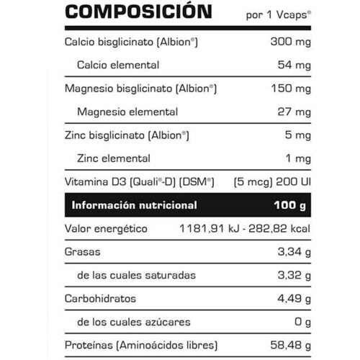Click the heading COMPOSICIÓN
coord(138,12)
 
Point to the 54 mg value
coord(294,65)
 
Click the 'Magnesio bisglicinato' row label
coord(140,89)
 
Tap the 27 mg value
coord(294,112)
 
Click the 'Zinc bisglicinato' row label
coord(127,135)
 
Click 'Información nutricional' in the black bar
coord(134,205)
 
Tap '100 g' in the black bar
coord(290,205)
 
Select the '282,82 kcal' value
coord(278,229)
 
